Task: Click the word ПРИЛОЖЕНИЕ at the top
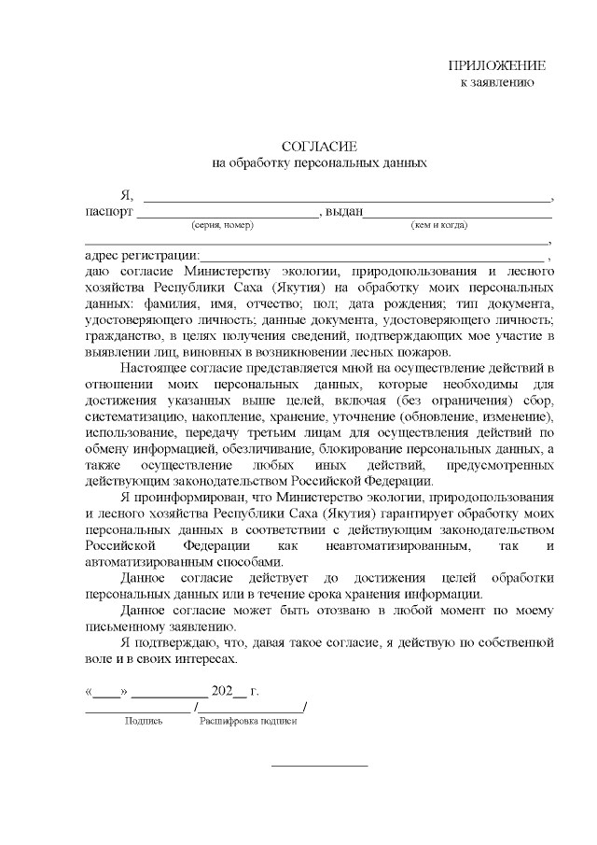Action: (497, 65)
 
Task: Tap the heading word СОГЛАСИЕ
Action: (320, 146)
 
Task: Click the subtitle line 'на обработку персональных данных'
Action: (320, 162)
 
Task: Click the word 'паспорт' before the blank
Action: (108, 212)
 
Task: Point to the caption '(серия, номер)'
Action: (222, 225)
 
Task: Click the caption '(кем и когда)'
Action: (439, 225)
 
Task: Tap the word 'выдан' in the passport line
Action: (343, 212)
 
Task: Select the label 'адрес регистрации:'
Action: (141, 256)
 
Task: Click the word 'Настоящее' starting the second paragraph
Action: (153, 368)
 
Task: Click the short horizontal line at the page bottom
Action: (319, 767)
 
